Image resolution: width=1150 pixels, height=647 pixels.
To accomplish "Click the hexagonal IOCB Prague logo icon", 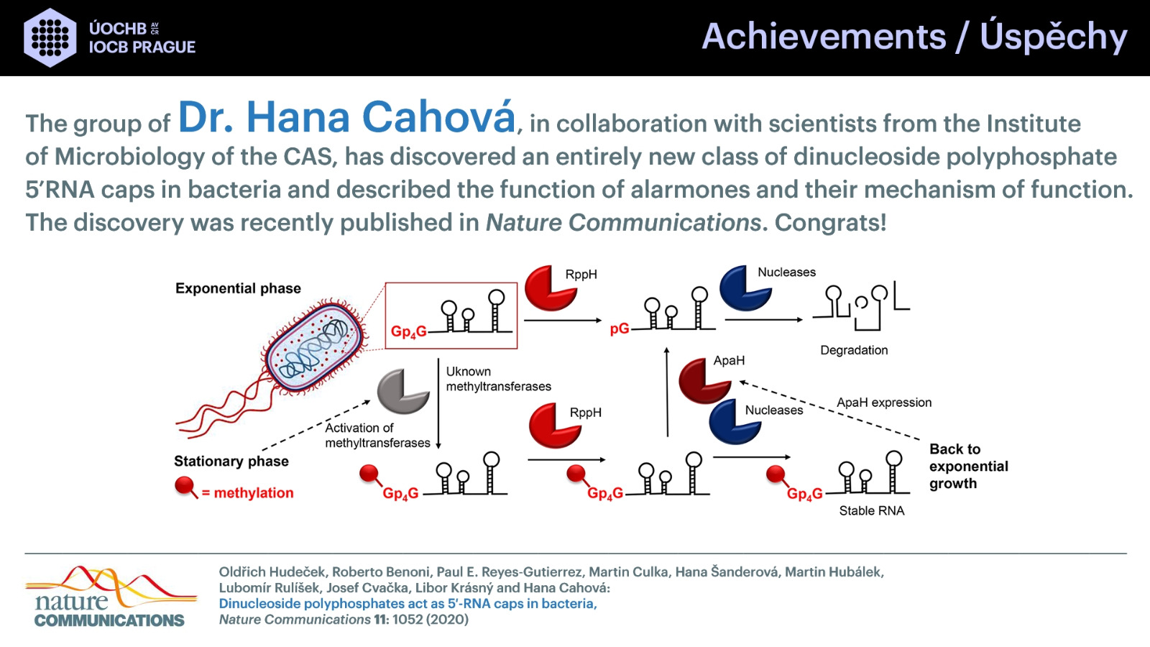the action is (x=50, y=37).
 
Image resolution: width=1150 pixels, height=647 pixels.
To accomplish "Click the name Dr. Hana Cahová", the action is (x=346, y=118).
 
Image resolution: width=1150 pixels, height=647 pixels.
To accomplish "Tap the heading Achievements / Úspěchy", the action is (x=914, y=37).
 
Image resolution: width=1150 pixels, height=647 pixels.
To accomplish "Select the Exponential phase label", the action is (x=238, y=288).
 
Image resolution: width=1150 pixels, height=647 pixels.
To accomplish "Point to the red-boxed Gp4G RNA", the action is (x=451, y=316).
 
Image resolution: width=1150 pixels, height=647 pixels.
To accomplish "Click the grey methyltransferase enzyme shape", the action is (x=403, y=391).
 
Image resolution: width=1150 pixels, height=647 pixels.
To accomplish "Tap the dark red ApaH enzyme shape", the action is (x=704, y=380).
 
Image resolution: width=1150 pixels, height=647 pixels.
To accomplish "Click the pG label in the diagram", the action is (x=620, y=329).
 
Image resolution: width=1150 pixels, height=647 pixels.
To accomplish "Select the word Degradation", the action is (x=854, y=350).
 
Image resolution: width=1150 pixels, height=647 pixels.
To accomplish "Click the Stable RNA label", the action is (x=872, y=510).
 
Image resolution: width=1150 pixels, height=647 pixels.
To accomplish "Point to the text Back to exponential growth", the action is (x=969, y=467).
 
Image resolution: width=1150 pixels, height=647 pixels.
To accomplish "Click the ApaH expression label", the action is (x=884, y=403).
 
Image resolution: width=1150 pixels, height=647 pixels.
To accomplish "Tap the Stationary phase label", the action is (x=231, y=461).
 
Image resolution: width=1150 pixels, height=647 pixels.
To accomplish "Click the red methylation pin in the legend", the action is (x=185, y=486).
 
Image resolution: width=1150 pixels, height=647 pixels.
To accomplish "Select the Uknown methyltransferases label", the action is (x=499, y=379).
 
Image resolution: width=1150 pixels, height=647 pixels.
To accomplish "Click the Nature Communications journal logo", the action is (x=111, y=597).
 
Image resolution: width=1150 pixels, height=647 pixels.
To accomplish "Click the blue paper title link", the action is (x=408, y=603).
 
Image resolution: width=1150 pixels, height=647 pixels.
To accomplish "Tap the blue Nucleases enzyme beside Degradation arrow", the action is (x=745, y=288).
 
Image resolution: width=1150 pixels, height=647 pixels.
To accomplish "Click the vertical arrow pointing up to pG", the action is (x=667, y=393).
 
